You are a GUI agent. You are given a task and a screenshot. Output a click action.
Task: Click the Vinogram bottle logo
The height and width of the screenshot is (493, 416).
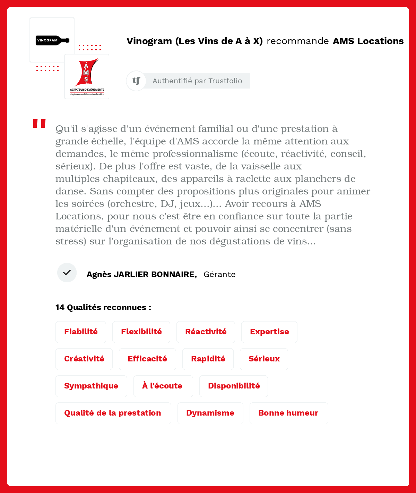pyautogui.click(x=52, y=40)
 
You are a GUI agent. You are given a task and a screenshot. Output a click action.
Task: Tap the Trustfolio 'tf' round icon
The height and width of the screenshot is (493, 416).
pyautogui.click(x=136, y=81)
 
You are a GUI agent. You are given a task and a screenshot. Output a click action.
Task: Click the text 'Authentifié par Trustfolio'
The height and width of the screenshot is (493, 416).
pyautogui.click(x=197, y=81)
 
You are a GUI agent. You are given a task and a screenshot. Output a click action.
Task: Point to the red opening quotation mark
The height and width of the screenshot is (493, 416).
pyautogui.click(x=39, y=124)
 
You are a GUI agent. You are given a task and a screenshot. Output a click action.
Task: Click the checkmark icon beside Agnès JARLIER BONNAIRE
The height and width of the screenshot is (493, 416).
pyautogui.click(x=67, y=273)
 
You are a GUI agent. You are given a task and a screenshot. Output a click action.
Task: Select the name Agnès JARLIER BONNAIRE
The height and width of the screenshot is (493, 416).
pyautogui.click(x=141, y=274)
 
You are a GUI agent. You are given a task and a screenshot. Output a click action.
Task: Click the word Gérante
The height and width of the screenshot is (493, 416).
pyautogui.click(x=219, y=274)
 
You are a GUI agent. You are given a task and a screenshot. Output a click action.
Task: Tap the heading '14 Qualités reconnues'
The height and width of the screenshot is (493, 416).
pyautogui.click(x=103, y=307)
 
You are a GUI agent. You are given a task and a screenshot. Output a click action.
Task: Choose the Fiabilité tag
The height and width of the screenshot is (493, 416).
pyautogui.click(x=81, y=332)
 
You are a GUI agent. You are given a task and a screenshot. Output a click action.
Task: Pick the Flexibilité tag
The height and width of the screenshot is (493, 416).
pyautogui.click(x=141, y=332)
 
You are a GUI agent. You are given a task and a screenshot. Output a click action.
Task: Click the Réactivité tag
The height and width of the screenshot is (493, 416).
pyautogui.click(x=206, y=332)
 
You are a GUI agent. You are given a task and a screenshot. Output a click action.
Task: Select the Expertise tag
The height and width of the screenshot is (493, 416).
pyautogui.click(x=269, y=332)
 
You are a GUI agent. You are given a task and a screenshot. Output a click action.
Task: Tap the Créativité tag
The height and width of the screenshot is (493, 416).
pyautogui.click(x=84, y=359)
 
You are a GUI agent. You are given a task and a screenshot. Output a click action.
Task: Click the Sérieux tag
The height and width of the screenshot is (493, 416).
pyautogui.click(x=264, y=359)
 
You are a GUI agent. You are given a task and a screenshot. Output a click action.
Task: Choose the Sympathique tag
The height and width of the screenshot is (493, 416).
pyautogui.click(x=91, y=386)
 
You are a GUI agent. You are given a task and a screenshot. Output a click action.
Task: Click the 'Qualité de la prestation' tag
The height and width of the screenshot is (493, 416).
pyautogui.click(x=113, y=413)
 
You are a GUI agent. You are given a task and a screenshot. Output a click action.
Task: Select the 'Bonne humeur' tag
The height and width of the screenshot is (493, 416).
pyautogui.click(x=288, y=413)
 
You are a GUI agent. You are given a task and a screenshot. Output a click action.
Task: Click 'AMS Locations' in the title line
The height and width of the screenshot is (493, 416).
pyautogui.click(x=368, y=41)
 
